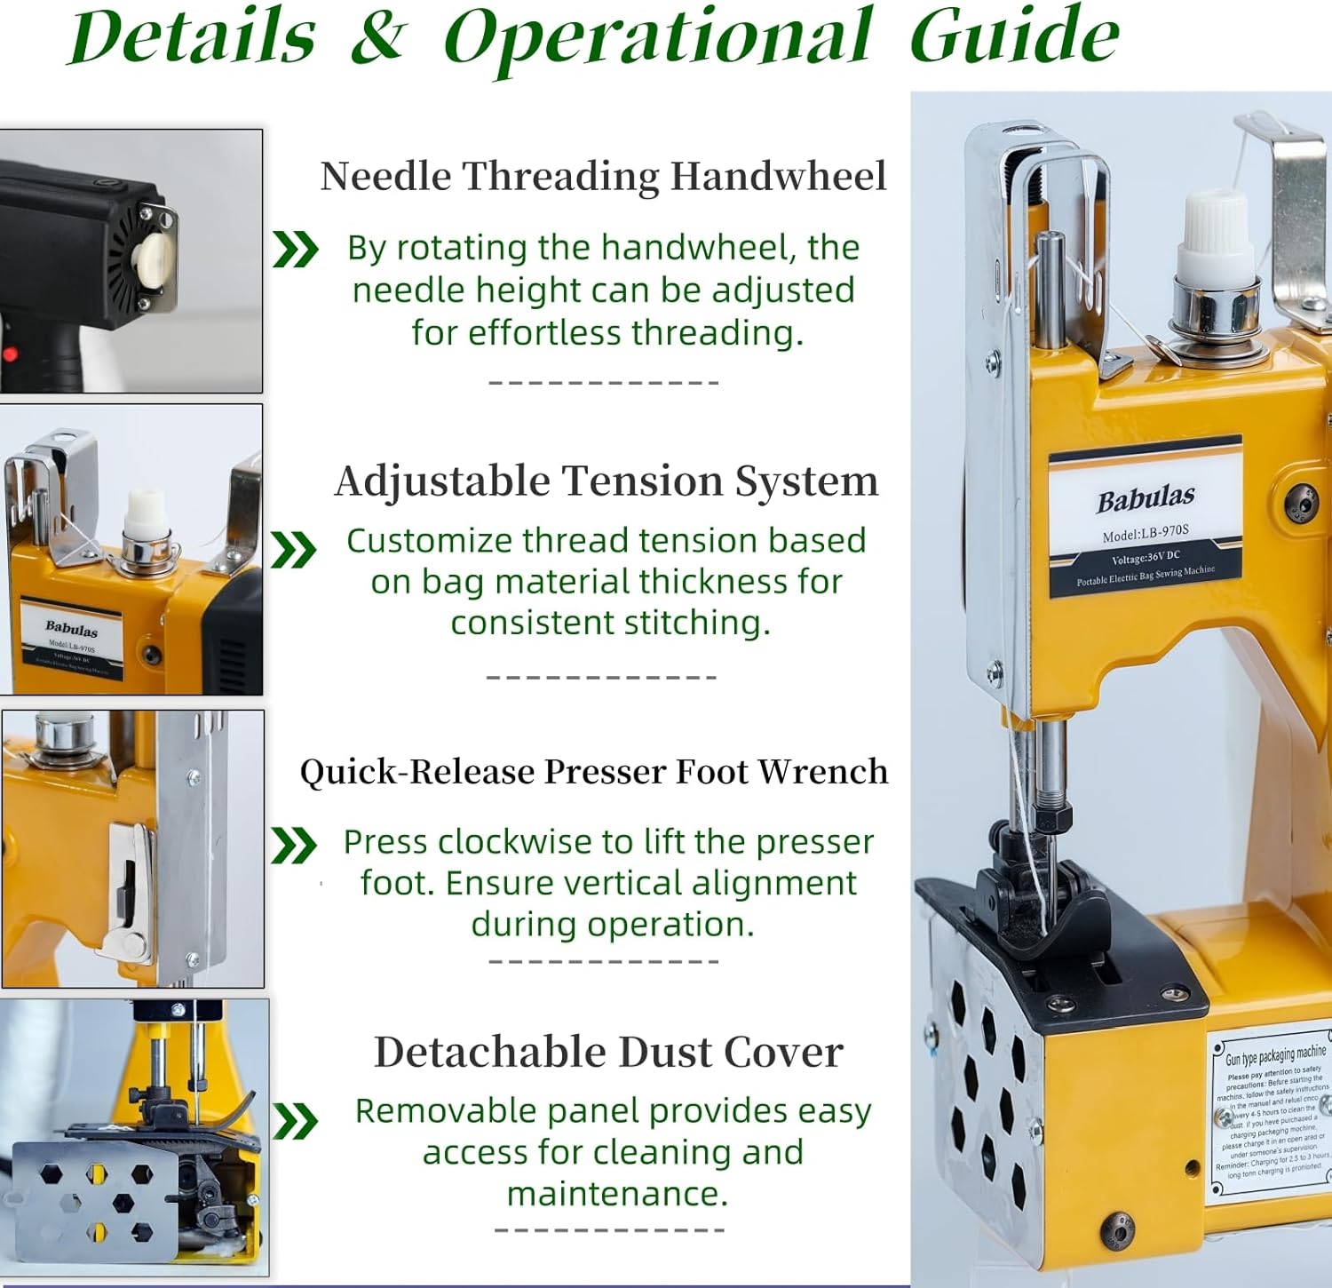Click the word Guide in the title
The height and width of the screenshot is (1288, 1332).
coord(1014,37)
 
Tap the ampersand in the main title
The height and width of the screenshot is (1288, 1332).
coord(378,37)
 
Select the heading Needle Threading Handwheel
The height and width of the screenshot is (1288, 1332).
coord(603,176)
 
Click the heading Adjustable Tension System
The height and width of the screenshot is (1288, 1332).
coord(607,481)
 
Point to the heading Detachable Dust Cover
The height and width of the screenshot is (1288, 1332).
coord(608,1053)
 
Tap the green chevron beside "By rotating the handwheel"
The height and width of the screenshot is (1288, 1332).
coord(295,250)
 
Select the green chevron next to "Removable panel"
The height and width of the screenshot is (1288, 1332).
coord(295,1121)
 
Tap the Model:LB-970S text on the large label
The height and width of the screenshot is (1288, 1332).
coord(1145,534)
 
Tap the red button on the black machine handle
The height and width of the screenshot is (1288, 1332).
coord(10,354)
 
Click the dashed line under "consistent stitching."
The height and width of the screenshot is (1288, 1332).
coord(602,677)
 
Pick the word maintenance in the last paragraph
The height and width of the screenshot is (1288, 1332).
coord(616,1194)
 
